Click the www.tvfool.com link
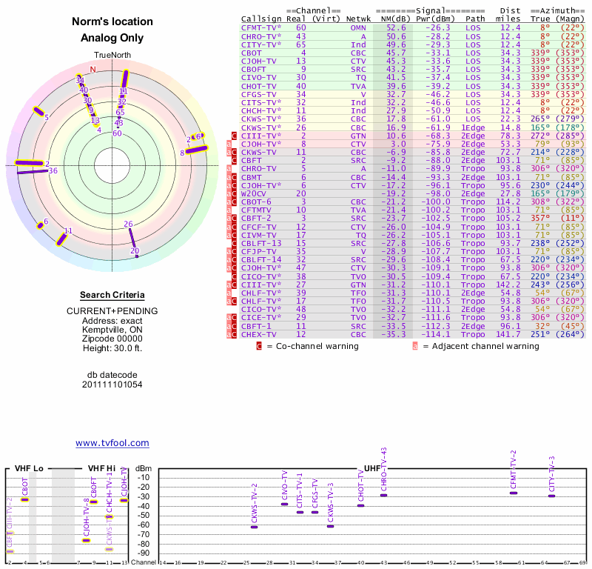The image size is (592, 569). (112, 443)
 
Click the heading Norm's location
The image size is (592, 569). (112, 22)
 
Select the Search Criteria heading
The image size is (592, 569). (112, 295)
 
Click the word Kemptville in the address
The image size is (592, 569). (98, 329)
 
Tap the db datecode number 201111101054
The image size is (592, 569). (112, 385)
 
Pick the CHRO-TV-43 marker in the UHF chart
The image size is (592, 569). (383, 495)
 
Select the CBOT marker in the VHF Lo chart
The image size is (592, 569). (25, 499)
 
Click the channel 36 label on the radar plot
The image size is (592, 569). (53, 170)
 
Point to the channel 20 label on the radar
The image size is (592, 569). (135, 251)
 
